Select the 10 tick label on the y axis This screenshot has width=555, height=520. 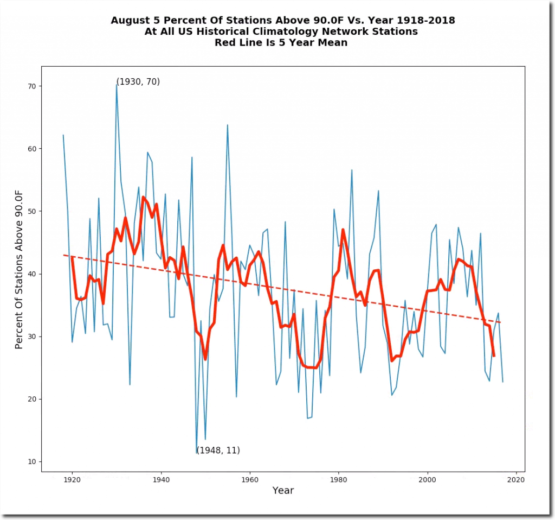tap(33, 462)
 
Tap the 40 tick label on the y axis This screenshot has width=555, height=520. tap(33, 274)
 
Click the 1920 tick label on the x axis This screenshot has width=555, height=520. tap(72, 480)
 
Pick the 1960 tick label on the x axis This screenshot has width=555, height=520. tap(250, 480)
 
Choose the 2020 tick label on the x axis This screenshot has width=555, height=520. tap(516, 480)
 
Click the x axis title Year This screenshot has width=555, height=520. tap(283, 491)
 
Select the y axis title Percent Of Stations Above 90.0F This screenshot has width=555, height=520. tap(20, 267)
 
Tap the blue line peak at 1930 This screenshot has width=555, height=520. tap(117, 84)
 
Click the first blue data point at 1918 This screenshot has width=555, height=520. tap(63, 135)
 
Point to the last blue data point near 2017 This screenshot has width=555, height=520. tap(502, 382)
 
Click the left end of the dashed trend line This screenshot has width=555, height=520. tap(64, 255)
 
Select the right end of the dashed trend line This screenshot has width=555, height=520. tap(502, 322)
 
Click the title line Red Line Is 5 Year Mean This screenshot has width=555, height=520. tap(281, 42)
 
